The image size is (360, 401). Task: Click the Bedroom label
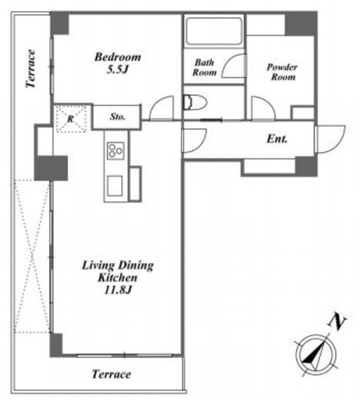tap(118, 57)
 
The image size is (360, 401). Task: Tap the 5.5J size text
tap(117, 69)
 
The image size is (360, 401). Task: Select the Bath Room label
tap(204, 67)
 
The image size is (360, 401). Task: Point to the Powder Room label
tap(282, 72)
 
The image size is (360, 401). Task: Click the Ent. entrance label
tap(277, 139)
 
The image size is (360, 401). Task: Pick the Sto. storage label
tap(117, 117)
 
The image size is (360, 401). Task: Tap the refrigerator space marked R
tap(71, 119)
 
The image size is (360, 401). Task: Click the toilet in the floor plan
tap(195, 103)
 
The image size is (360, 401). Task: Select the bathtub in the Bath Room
tap(214, 32)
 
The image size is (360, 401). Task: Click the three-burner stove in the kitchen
tap(116, 151)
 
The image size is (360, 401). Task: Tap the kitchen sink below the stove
tap(115, 186)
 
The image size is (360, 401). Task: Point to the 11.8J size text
tap(118, 290)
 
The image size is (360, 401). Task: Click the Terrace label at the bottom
tap(112, 374)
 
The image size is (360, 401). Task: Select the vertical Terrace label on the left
tap(31, 69)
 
